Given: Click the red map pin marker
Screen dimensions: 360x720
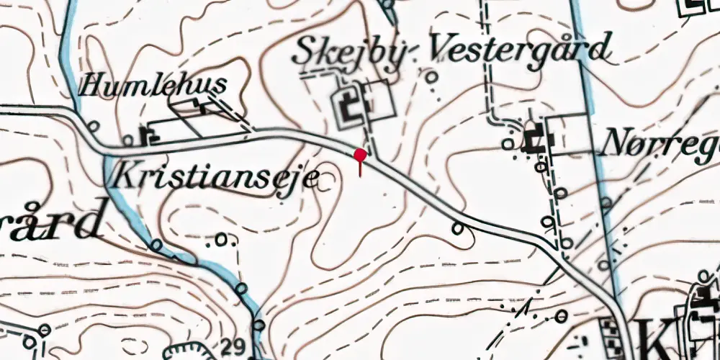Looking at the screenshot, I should (x=360, y=155).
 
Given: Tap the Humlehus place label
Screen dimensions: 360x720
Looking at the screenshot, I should (x=153, y=86).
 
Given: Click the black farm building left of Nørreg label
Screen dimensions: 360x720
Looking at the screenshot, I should (x=534, y=140).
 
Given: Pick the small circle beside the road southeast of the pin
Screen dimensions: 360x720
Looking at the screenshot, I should (x=458, y=228).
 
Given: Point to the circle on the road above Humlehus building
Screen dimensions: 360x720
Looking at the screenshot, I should (x=93, y=126).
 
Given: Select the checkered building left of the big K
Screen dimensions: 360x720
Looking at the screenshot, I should (x=611, y=333).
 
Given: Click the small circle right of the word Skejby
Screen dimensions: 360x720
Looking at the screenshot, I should (x=432, y=76).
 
